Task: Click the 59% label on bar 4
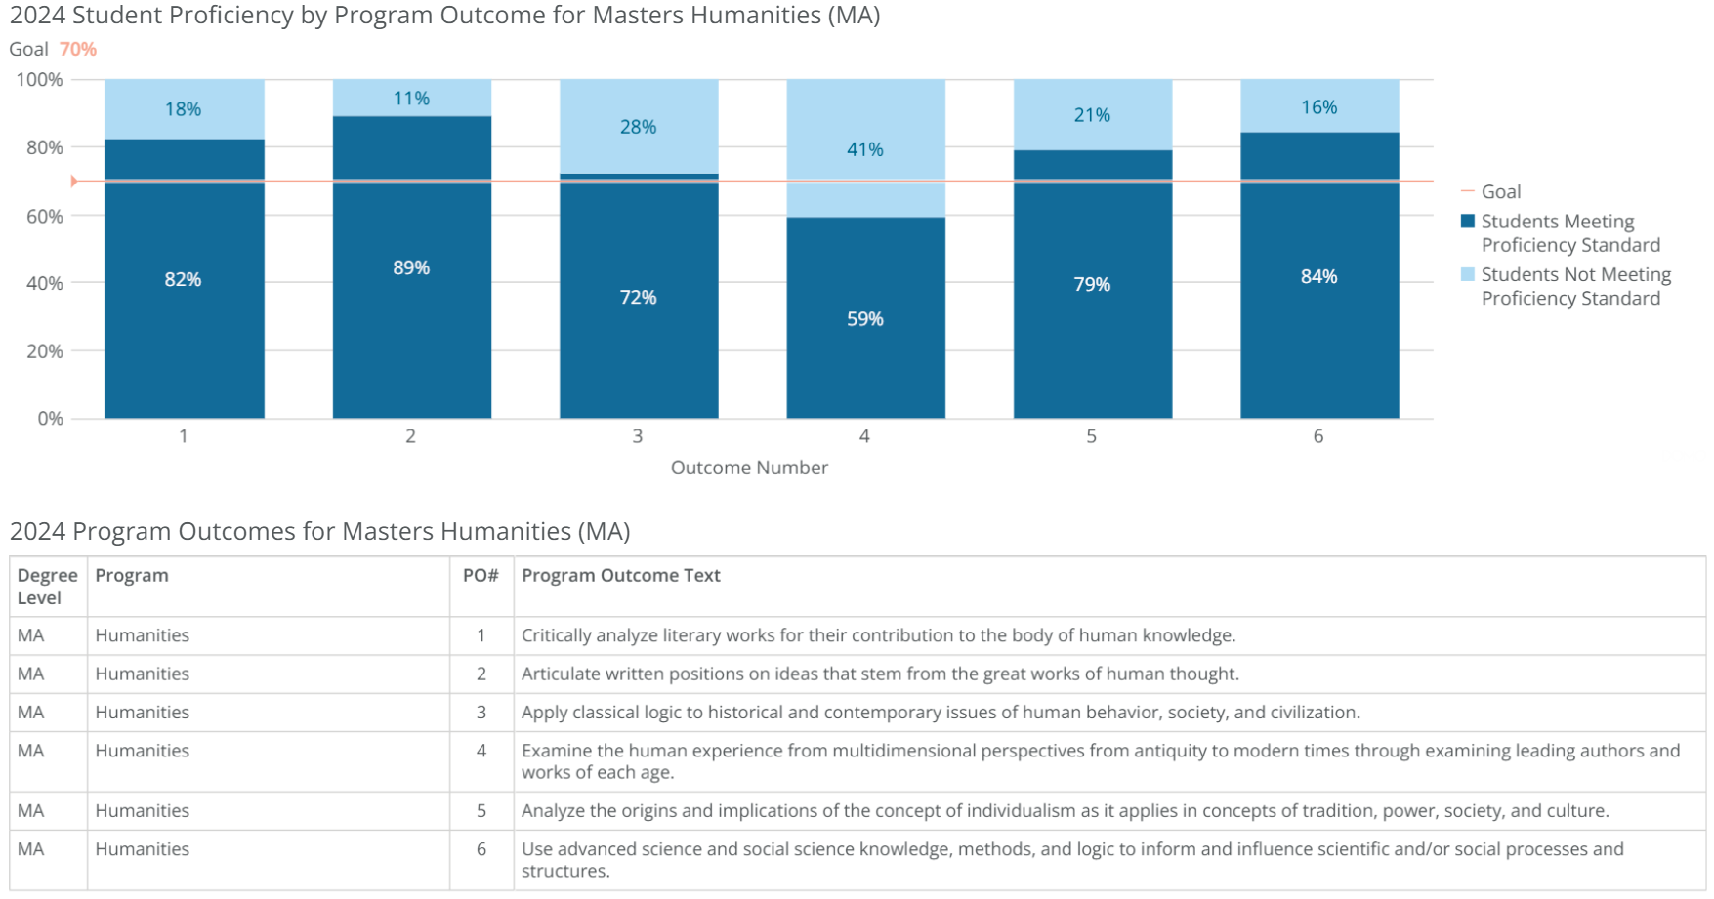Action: (864, 319)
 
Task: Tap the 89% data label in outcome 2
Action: (411, 267)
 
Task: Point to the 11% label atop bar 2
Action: (411, 99)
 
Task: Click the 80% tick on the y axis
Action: (45, 147)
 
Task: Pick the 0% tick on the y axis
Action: (51, 419)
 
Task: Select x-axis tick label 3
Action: (638, 436)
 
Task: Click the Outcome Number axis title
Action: (749, 468)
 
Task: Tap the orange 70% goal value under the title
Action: (78, 49)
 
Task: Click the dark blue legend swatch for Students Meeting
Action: (1467, 222)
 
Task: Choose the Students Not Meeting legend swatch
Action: (1467, 274)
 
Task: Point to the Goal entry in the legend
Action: (1500, 192)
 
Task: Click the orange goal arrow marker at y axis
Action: (74, 182)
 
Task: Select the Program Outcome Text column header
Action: (620, 576)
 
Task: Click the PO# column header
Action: (481, 576)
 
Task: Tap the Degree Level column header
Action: (47, 587)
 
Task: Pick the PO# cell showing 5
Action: (481, 811)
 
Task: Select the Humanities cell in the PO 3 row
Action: (143, 713)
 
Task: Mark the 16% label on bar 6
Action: (1318, 107)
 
